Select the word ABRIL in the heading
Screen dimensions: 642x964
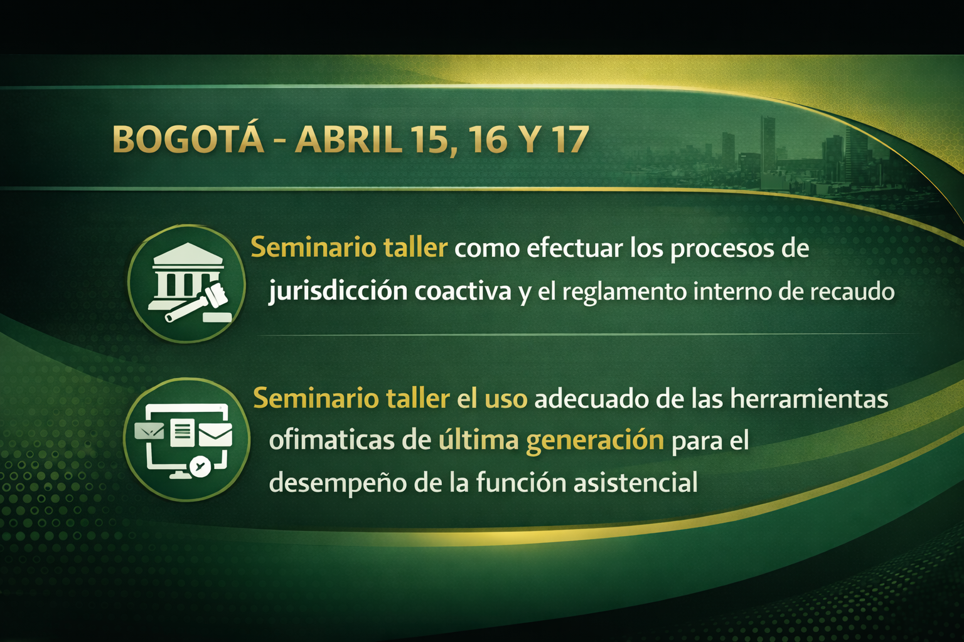tap(348, 140)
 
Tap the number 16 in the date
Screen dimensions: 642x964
tap(487, 140)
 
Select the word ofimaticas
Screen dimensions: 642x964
tap(331, 440)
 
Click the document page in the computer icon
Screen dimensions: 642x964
tap(182, 433)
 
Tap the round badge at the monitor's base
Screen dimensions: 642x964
tap(200, 466)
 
